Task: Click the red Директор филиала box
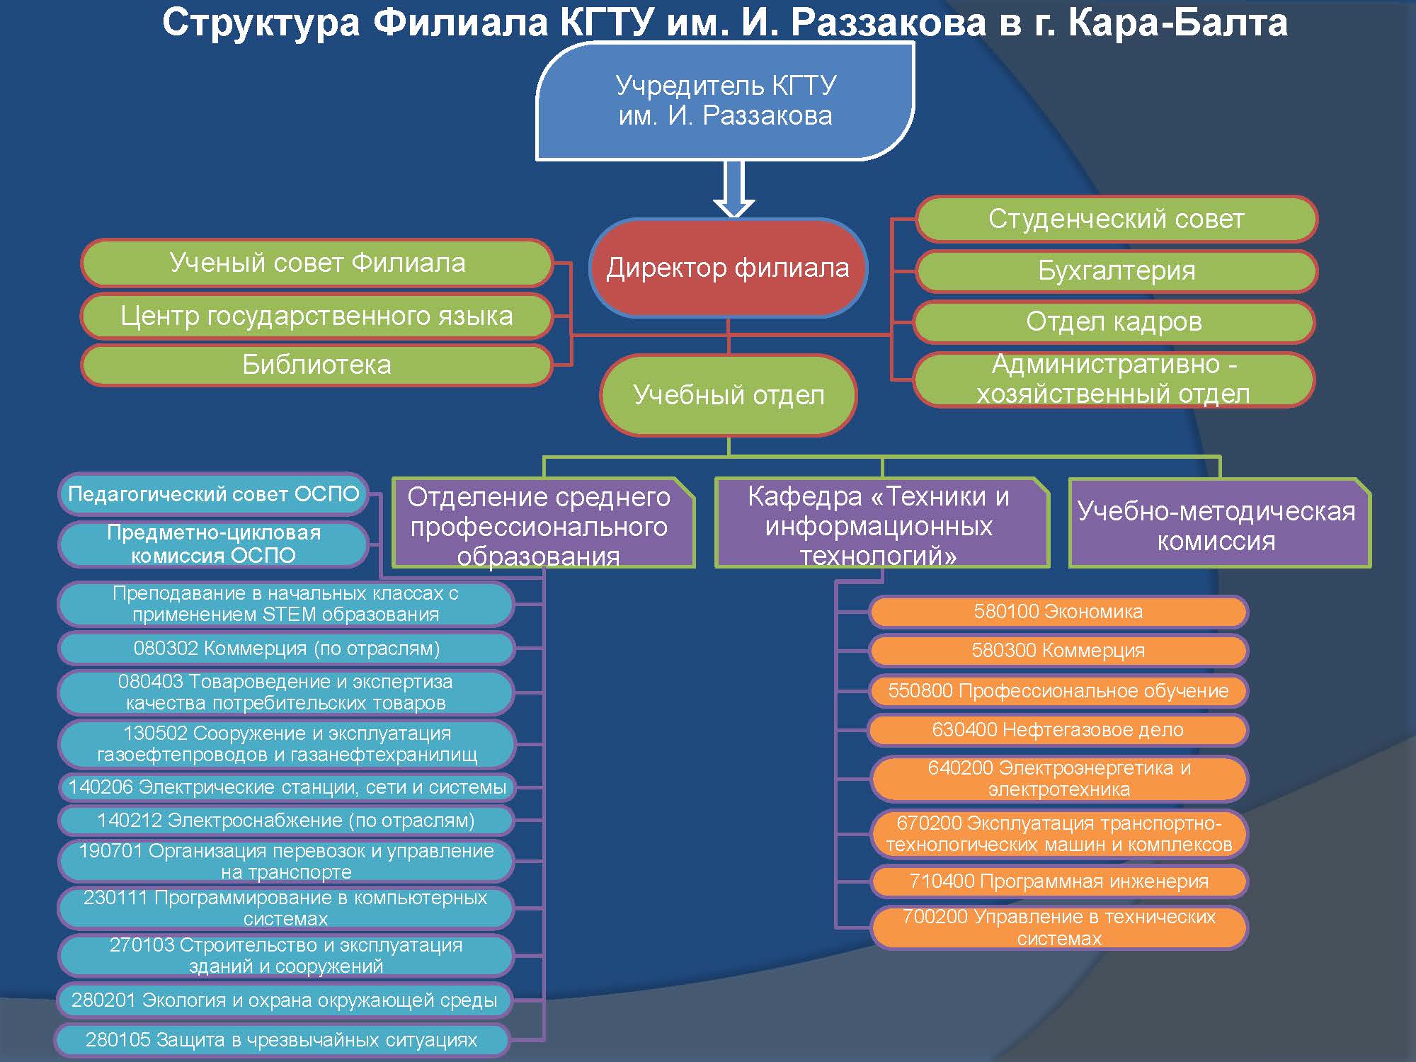tap(729, 268)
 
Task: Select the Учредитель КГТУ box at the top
tap(725, 101)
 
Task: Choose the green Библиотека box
tap(316, 365)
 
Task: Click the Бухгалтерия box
tap(1116, 270)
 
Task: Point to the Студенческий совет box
tap(1116, 219)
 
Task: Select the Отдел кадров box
tap(1114, 321)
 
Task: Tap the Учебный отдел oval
tap(729, 395)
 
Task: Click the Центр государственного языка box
tap(316, 316)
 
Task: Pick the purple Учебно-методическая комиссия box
tap(1219, 523)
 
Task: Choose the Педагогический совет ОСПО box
tap(213, 494)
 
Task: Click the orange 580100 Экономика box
tap(1058, 612)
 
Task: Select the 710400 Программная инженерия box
tap(1058, 881)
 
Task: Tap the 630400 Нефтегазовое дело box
tap(1058, 730)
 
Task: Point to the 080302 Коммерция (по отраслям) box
tap(286, 649)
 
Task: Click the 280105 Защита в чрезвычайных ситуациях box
tap(282, 1040)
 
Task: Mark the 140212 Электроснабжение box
tap(286, 821)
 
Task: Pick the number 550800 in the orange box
tap(920, 691)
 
